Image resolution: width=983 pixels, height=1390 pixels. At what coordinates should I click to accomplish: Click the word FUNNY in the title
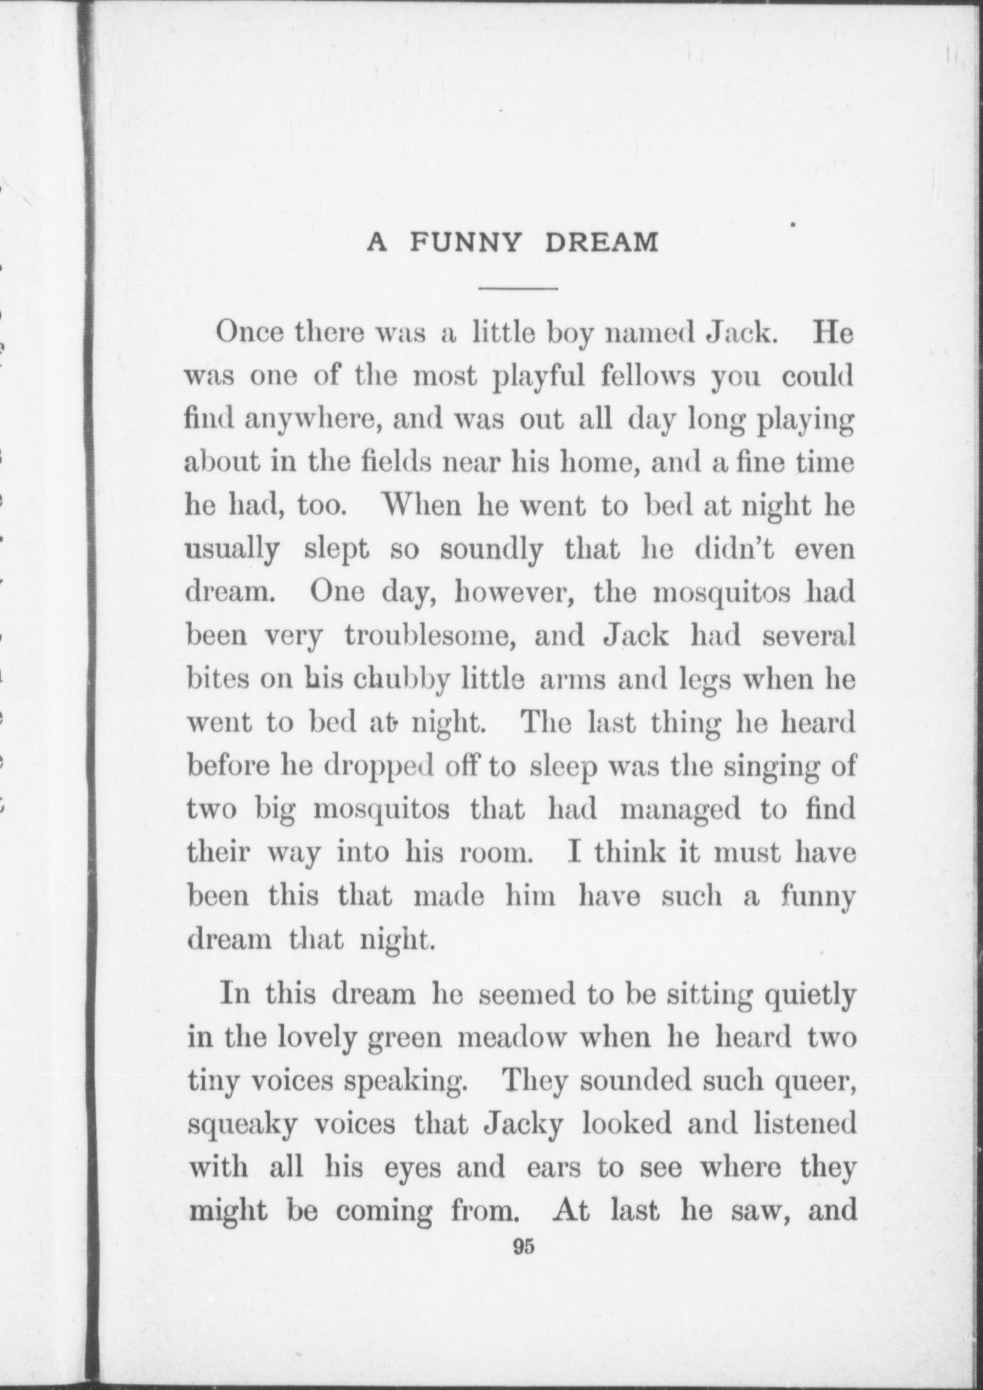coord(466,243)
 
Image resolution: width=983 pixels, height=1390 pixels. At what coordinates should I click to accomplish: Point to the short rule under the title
coord(518,289)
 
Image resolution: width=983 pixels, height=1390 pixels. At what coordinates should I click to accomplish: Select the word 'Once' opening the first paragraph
coord(250,332)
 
